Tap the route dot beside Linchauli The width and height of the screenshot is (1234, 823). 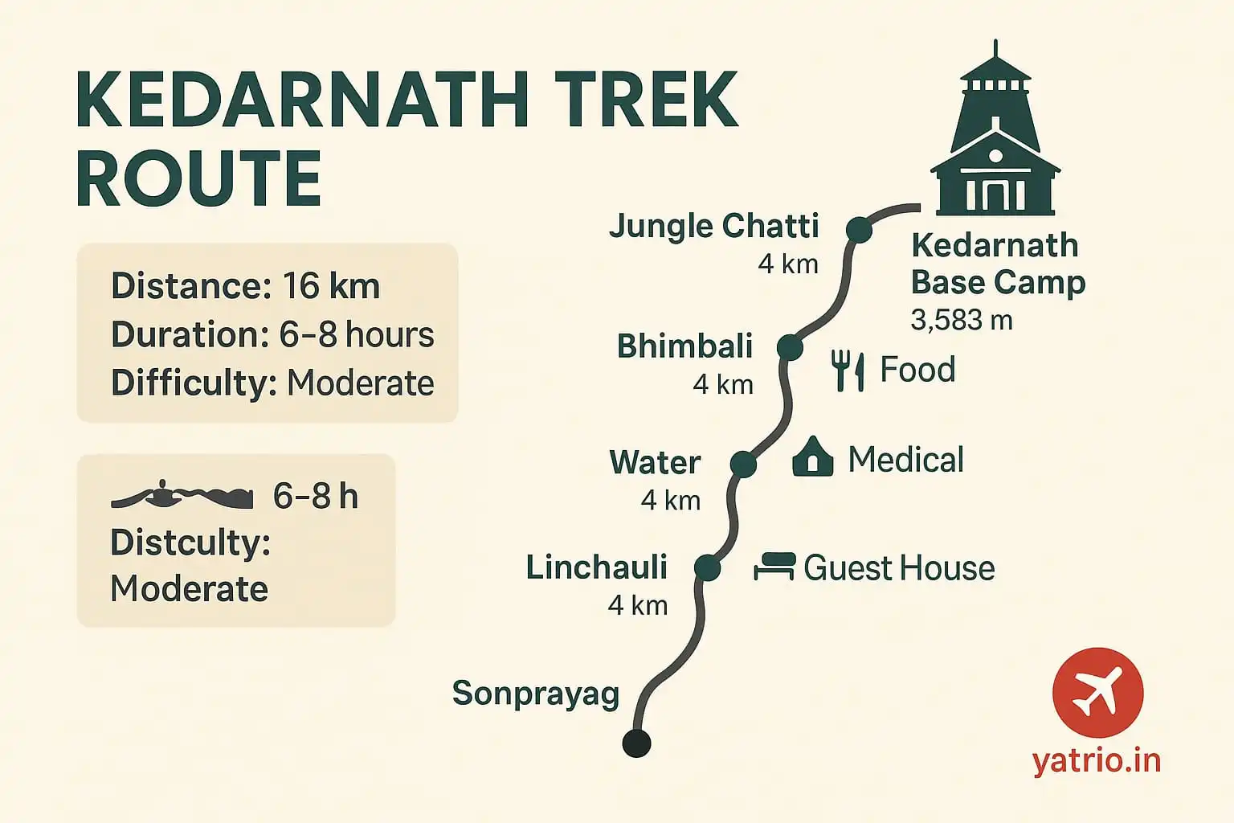click(x=707, y=568)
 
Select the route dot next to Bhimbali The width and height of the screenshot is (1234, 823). click(x=790, y=348)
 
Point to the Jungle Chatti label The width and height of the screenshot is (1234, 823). click(x=713, y=226)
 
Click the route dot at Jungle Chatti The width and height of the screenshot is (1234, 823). click(x=859, y=230)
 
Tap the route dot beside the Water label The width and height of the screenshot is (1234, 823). click(x=743, y=464)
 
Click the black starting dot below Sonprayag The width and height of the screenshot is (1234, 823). click(x=637, y=743)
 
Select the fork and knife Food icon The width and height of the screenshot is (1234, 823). click(x=848, y=371)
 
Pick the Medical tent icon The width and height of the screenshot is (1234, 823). click(x=812, y=457)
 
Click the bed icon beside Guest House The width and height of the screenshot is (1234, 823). click(x=774, y=567)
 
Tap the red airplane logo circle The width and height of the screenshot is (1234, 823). click(x=1097, y=693)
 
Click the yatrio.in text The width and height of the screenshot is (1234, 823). click(x=1097, y=760)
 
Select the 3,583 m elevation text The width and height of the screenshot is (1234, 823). click(x=961, y=321)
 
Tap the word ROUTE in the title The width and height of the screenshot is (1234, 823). click(x=199, y=178)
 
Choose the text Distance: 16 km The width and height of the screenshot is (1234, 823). click(x=245, y=287)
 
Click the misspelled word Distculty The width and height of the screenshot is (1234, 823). click(x=190, y=543)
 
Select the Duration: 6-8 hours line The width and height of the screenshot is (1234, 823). click(x=272, y=335)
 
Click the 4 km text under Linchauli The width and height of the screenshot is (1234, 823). click(x=638, y=605)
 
